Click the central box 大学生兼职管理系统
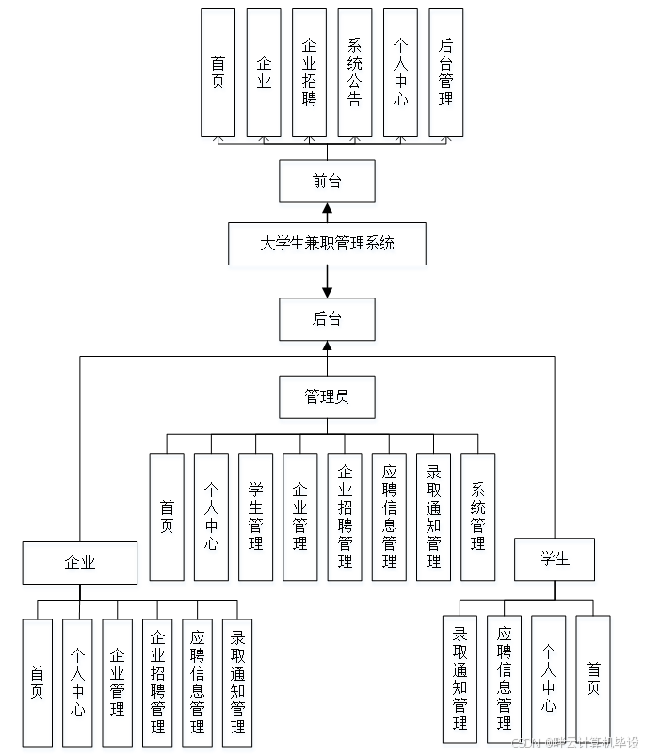(327, 244)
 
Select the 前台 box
(327, 182)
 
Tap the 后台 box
(327, 319)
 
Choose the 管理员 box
(327, 396)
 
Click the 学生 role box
(555, 558)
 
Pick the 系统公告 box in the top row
(355, 72)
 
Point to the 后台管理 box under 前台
(445, 72)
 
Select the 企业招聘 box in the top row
(309, 72)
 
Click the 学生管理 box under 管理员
(255, 516)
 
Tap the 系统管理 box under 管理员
(477, 516)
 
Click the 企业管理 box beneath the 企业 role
(118, 683)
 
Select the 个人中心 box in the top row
(400, 72)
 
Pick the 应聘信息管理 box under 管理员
(389, 516)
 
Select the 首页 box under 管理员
(167, 516)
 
